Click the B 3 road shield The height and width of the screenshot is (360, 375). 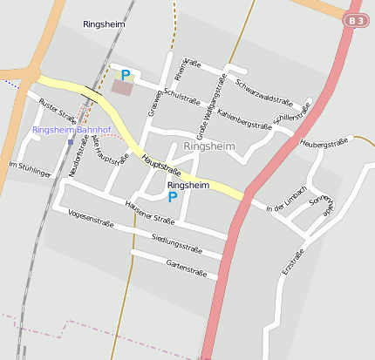point(353,20)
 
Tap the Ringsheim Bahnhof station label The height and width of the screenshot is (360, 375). point(72,130)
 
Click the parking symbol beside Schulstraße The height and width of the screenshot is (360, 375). point(126,76)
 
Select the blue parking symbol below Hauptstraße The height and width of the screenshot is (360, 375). point(173,197)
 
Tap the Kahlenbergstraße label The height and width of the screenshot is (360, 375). point(244,119)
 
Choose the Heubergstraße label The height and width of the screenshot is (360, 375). point(323,141)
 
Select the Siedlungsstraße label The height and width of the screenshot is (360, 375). point(177,244)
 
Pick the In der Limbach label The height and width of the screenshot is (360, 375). point(286,200)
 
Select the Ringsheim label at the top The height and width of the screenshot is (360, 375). point(104,24)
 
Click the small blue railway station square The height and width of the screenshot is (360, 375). point(71,142)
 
